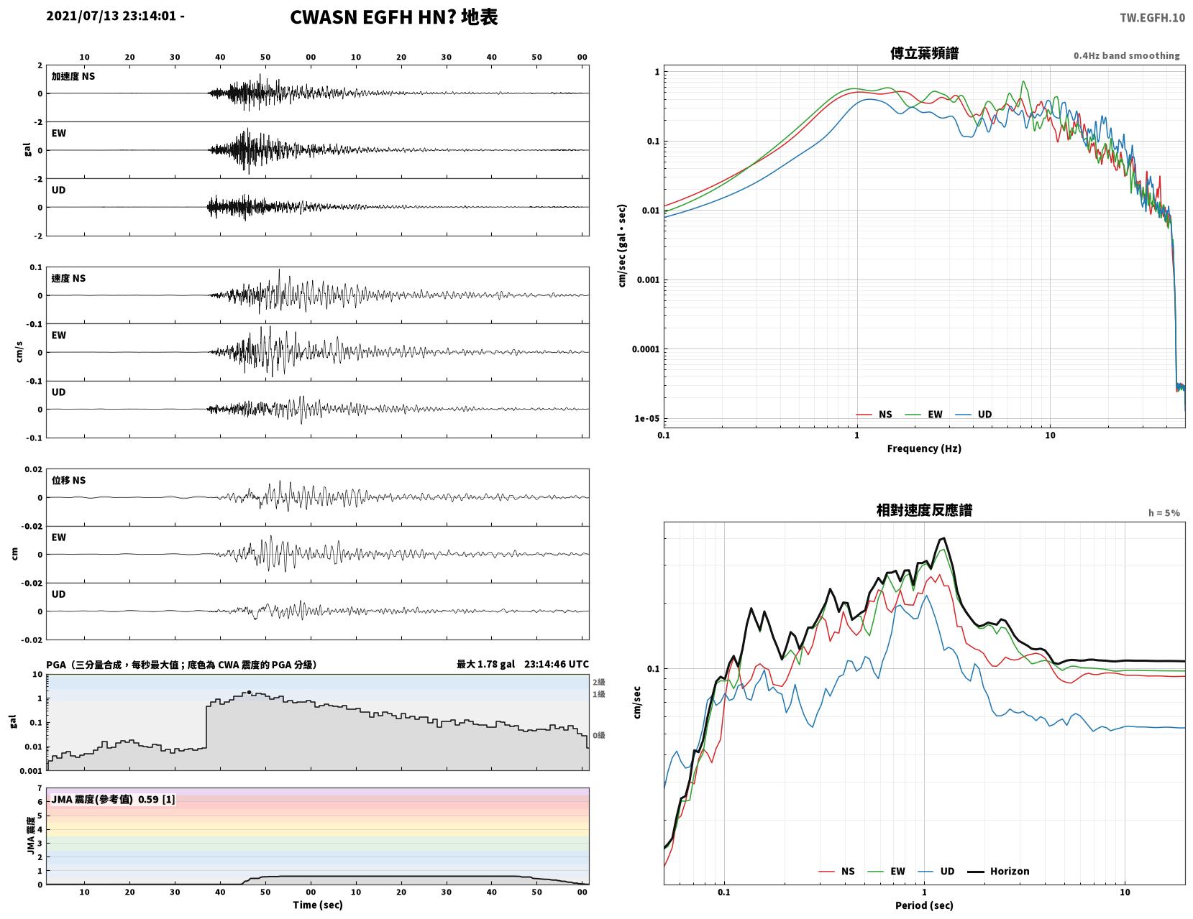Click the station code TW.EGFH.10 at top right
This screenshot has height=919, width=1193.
click(x=1152, y=18)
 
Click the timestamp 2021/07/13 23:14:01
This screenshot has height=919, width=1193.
click(x=111, y=16)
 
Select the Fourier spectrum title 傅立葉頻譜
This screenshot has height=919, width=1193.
click(x=924, y=53)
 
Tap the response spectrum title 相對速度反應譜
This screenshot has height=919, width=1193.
click(x=924, y=510)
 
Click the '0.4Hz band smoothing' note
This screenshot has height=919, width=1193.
click(x=1126, y=55)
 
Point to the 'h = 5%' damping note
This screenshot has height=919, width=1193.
click(x=1164, y=513)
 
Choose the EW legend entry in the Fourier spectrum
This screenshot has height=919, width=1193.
click(x=923, y=414)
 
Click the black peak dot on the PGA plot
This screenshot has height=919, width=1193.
click(x=250, y=693)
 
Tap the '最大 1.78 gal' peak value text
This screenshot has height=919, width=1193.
click(x=485, y=664)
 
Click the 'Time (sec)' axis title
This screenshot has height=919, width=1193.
click(x=317, y=905)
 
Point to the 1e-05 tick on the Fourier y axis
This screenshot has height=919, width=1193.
click(x=646, y=418)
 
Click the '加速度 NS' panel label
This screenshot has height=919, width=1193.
click(x=73, y=76)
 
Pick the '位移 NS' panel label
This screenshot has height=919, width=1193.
click(x=68, y=480)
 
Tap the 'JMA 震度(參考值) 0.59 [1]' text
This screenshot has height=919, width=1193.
click(x=113, y=800)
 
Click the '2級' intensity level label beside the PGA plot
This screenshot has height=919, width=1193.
click(x=598, y=682)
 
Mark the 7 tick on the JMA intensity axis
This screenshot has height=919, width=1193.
click(x=40, y=788)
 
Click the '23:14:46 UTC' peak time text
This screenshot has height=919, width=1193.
click(x=556, y=664)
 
